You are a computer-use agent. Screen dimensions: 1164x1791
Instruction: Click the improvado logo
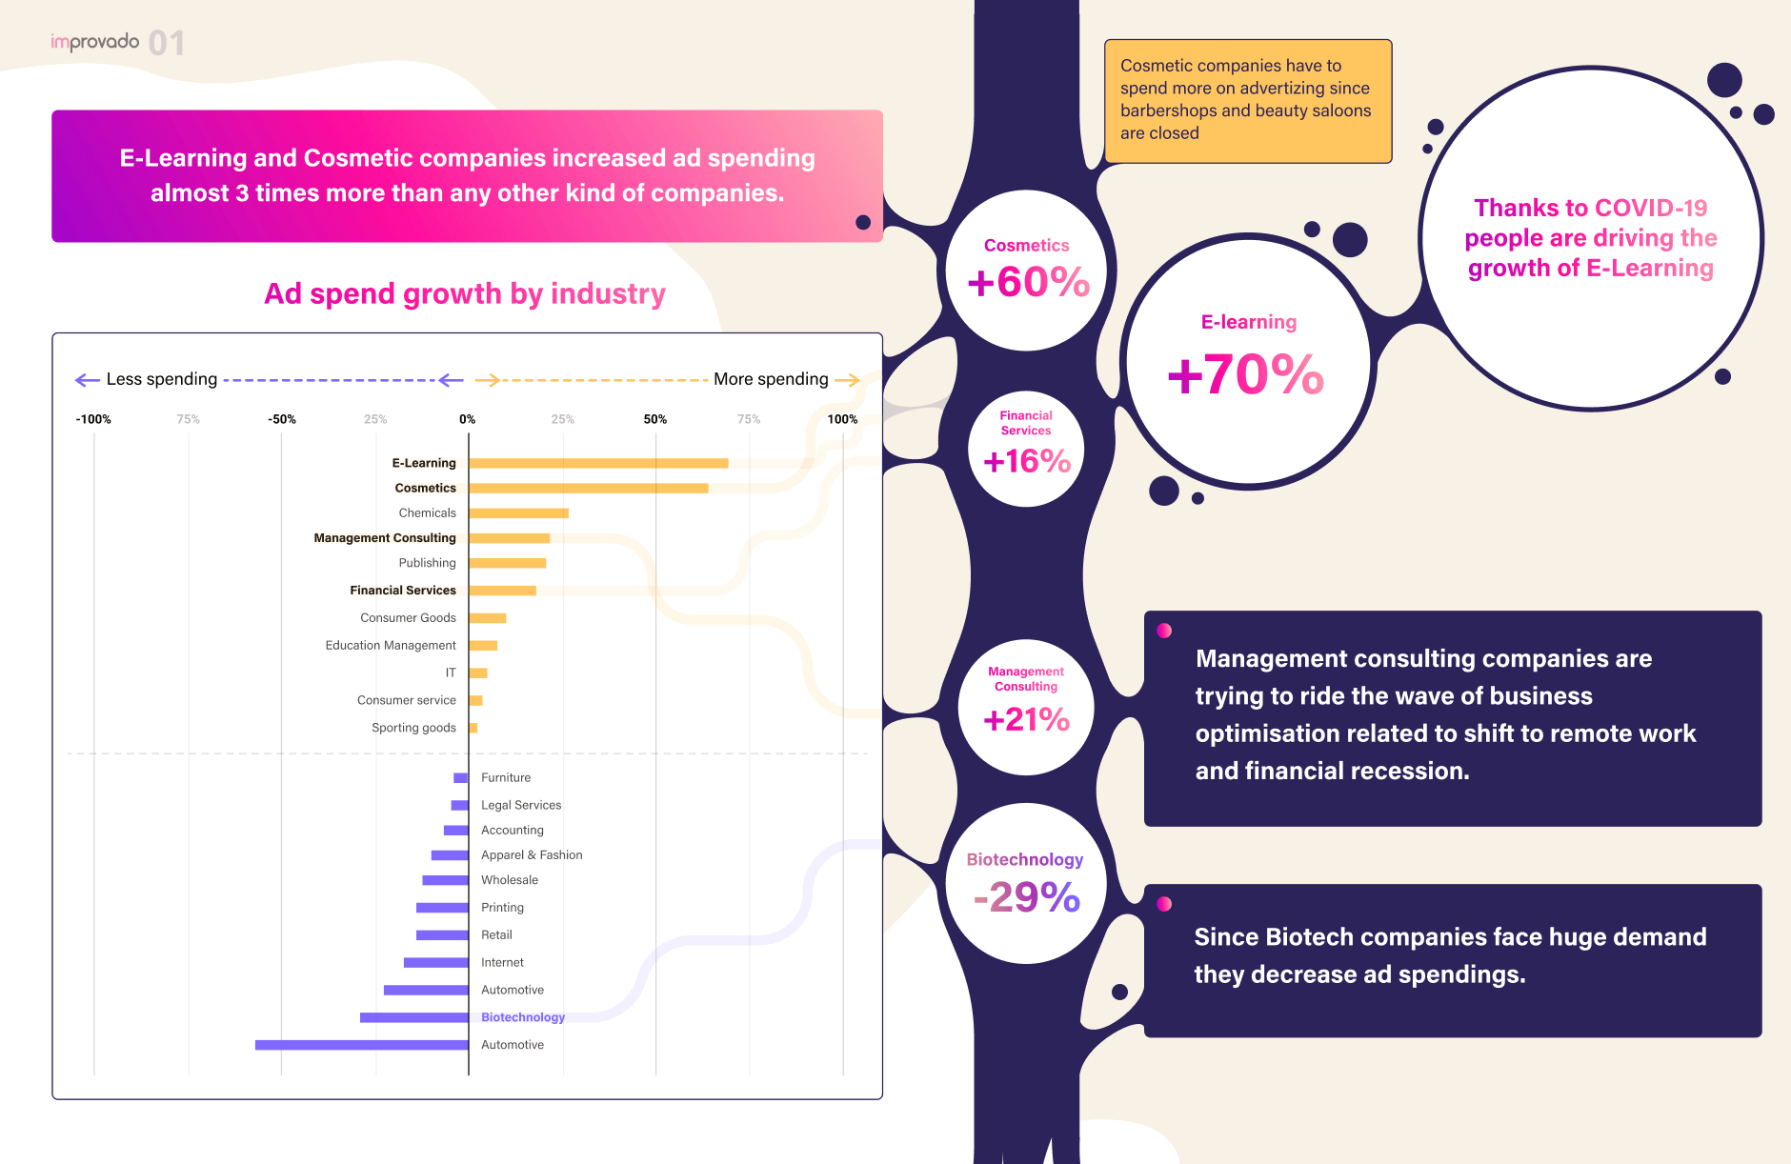(95, 42)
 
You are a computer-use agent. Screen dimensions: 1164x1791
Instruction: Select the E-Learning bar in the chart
(598, 463)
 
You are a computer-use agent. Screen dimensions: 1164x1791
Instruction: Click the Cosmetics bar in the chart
(588, 488)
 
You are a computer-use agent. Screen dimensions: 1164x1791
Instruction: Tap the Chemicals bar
(518, 513)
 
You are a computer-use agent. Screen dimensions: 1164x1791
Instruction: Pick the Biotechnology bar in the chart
(414, 1017)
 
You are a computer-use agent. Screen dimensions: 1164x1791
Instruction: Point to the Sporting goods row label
(413, 728)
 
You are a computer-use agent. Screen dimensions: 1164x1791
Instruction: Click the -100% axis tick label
(93, 419)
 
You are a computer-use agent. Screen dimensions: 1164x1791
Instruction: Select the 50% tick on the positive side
(655, 419)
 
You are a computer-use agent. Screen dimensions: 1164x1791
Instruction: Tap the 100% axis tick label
(842, 419)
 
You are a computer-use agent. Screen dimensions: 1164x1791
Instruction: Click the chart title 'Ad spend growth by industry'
(465, 293)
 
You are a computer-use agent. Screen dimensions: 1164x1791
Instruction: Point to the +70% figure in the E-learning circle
(1246, 373)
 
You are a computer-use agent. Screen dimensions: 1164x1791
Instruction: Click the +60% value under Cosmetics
(1028, 282)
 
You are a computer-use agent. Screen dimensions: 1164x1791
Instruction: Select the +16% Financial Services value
(1027, 462)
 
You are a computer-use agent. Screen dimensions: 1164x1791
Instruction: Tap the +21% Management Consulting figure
(1026, 719)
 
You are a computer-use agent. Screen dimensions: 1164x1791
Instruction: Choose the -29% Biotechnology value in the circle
(1027, 896)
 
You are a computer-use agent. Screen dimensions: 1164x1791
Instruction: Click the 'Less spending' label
(162, 379)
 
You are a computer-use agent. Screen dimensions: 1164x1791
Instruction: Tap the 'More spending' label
(771, 379)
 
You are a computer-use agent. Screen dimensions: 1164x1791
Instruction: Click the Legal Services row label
(521, 805)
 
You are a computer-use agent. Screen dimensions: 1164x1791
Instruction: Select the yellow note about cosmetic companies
(1248, 100)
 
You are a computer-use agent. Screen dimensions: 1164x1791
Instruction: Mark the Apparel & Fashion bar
(450, 855)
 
